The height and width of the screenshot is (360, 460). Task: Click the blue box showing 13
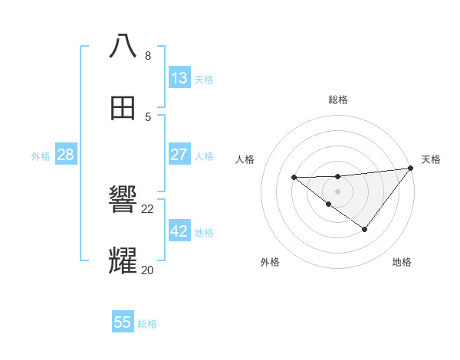[179, 78]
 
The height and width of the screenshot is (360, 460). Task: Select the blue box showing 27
[179, 155]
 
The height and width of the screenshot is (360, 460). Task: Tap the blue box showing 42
[179, 231]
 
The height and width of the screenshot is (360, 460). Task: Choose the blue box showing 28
[66, 155]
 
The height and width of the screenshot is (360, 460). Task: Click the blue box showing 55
[123, 322]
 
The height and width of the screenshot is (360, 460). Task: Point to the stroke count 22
[147, 208]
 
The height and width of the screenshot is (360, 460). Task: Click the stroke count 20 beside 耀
[147, 270]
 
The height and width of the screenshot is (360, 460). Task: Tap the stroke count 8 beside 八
[148, 56]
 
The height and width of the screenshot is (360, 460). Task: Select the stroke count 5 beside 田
[148, 116]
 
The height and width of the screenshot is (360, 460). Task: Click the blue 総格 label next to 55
[147, 324]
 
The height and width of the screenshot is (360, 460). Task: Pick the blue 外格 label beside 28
[41, 156]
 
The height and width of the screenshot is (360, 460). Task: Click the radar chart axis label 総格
[338, 100]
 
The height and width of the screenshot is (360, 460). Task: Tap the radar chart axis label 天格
[431, 159]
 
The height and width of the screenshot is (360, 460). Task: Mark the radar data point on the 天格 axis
[411, 168]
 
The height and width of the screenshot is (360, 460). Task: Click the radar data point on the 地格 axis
[365, 229]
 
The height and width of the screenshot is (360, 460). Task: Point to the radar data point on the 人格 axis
[294, 178]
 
